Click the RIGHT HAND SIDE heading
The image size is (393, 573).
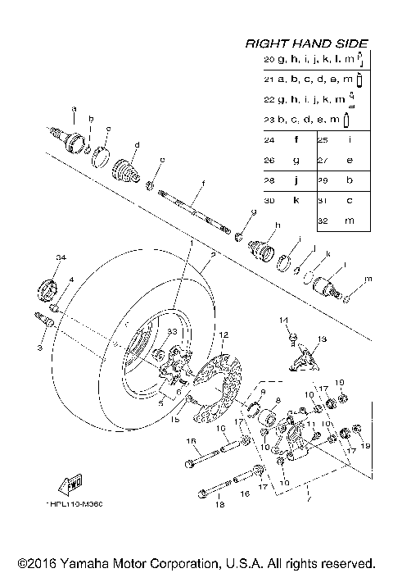(307, 43)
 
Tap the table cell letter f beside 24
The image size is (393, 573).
(294, 140)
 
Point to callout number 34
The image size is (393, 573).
(59, 259)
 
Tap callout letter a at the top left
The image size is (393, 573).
(74, 108)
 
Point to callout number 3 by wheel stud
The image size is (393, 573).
(38, 348)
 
